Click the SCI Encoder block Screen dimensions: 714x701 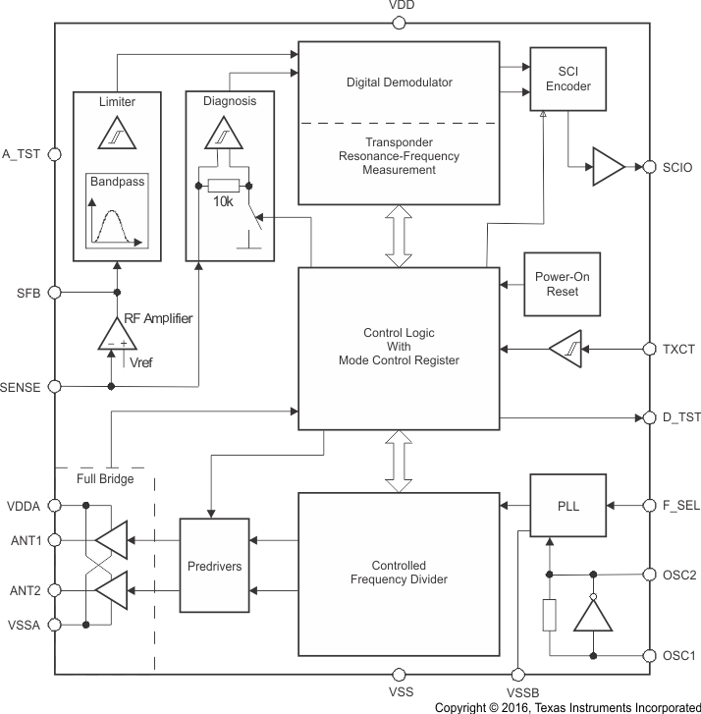tap(566, 79)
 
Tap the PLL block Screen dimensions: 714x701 tap(568, 506)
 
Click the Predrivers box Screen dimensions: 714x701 tap(215, 568)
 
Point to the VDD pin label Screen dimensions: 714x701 tap(402, 6)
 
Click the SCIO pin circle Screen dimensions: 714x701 tap(649, 167)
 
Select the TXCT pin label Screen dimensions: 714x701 tap(679, 349)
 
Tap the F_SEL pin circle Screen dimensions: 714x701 tap(649, 506)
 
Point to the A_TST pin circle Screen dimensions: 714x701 tap(55, 154)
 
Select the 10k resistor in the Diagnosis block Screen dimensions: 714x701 tap(224, 186)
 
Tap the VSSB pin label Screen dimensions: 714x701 tap(516, 692)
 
